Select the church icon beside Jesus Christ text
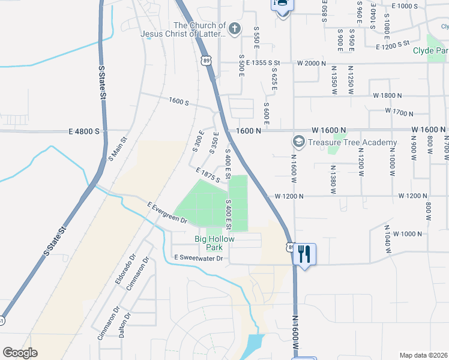(x=235, y=28)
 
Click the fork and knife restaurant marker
(x=304, y=254)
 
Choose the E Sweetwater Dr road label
(x=198, y=258)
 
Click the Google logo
(x=20, y=353)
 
